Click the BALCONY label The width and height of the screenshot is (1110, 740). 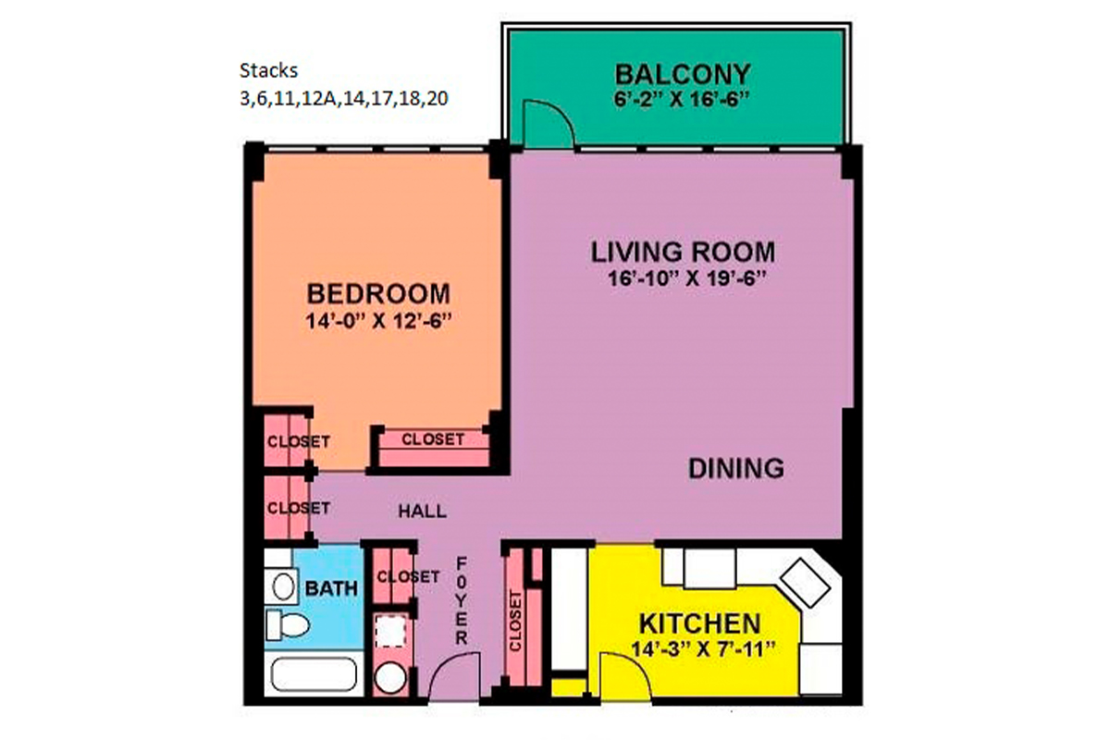click(x=683, y=72)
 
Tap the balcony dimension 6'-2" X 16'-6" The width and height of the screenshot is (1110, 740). click(x=683, y=98)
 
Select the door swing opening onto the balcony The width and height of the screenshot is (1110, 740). click(x=540, y=125)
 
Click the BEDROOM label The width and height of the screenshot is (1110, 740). click(x=378, y=294)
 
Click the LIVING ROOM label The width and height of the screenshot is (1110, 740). click(x=683, y=251)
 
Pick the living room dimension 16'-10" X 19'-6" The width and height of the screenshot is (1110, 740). click(x=683, y=277)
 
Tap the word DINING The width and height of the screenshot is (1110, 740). click(x=735, y=468)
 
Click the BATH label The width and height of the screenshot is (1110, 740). click(x=326, y=588)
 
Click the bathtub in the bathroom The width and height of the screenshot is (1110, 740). click(x=313, y=676)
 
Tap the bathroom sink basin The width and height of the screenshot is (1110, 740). click(x=281, y=585)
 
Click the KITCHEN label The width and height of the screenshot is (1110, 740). click(x=701, y=623)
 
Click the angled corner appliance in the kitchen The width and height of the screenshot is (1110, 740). click(x=804, y=583)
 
